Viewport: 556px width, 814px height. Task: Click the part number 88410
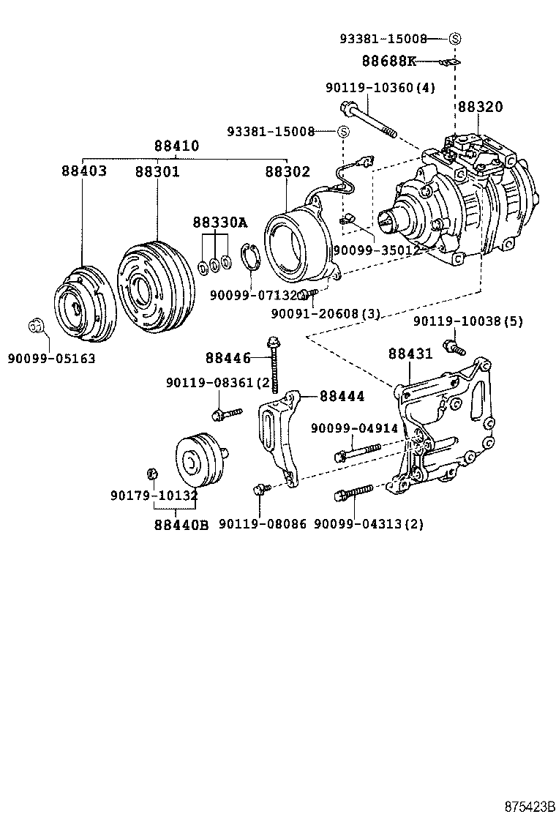(x=176, y=146)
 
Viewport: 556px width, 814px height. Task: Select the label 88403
(x=83, y=171)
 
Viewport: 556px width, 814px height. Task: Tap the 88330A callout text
(x=220, y=222)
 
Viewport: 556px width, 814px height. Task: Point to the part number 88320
(x=481, y=107)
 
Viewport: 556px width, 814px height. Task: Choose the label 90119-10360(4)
(x=380, y=88)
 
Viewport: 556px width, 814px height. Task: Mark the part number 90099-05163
(x=51, y=359)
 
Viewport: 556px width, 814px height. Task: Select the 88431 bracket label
(x=410, y=354)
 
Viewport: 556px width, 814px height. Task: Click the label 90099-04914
(x=354, y=428)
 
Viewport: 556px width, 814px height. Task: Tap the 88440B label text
(x=181, y=524)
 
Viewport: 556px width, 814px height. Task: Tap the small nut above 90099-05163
(x=36, y=325)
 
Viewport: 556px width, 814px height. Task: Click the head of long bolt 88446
(x=274, y=341)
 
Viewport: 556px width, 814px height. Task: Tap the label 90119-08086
(x=262, y=524)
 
